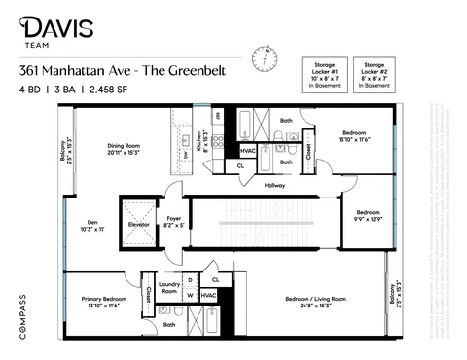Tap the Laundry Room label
click(x=169, y=288)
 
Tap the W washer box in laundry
click(x=190, y=296)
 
